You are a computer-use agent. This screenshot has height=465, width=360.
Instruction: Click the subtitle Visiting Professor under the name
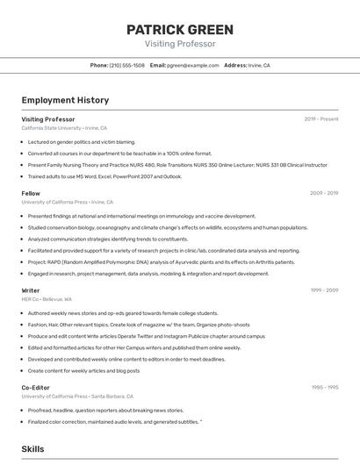pos(179,43)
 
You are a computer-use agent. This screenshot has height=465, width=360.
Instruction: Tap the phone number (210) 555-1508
pos(126,65)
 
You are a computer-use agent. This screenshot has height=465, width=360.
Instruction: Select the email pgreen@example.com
pos(192,65)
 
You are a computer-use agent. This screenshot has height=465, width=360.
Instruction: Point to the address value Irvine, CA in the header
pos(260,65)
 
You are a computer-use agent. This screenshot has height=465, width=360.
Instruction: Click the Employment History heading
pos(65,100)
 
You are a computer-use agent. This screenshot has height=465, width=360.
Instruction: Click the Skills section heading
pos(32,448)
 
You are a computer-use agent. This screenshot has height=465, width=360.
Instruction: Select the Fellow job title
pos(31,193)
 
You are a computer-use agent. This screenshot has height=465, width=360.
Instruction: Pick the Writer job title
pos(31,290)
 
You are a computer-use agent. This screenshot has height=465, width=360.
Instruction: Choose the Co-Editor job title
pos(36,387)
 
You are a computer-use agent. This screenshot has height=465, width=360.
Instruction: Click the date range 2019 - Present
pos(320,118)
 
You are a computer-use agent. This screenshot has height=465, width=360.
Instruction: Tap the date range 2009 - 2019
pos(323,193)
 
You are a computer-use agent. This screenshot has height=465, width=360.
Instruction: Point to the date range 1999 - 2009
pos(323,290)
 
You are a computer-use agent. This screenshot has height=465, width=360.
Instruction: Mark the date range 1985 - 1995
pos(324,387)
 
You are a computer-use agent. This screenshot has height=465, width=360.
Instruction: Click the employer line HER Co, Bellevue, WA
pos(47,299)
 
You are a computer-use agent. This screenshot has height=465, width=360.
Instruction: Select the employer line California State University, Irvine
pos(64,128)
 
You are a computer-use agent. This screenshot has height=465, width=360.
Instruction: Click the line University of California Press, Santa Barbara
pos(77,397)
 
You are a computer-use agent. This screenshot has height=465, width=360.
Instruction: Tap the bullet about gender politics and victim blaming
pos(81,141)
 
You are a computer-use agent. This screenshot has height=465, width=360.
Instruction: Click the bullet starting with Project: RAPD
pos(147,261)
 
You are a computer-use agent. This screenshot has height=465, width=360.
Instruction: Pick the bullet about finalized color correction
pos(114,421)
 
